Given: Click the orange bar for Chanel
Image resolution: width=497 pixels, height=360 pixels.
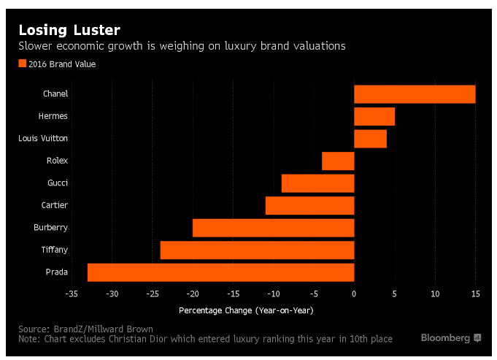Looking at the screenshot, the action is pyautogui.click(x=415, y=94).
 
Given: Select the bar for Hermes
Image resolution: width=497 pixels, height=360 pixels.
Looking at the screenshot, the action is pyautogui.click(x=374, y=116).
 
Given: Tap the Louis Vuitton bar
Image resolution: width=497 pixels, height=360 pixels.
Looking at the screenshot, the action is pyautogui.click(x=370, y=139).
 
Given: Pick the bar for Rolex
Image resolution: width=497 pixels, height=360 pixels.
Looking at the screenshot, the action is pyautogui.click(x=338, y=161).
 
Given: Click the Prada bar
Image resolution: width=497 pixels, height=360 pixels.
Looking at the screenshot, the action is pyautogui.click(x=221, y=272).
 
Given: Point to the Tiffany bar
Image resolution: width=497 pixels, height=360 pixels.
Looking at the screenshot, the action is pyautogui.click(x=257, y=250).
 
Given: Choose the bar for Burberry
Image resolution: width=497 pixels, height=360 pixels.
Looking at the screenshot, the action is pyautogui.click(x=273, y=228).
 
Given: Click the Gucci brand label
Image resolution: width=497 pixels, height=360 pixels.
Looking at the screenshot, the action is pyautogui.click(x=58, y=183).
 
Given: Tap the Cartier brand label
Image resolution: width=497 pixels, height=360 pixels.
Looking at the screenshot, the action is pyautogui.click(x=55, y=205).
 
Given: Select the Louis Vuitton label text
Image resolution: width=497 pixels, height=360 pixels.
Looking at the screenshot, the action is pyautogui.click(x=43, y=138).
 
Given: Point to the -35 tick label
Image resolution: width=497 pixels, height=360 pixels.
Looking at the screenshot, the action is pyautogui.click(x=72, y=294).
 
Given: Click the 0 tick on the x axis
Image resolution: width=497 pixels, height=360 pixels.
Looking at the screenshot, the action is pyautogui.click(x=354, y=294).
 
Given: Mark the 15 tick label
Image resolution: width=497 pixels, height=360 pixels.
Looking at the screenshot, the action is pyautogui.click(x=475, y=294).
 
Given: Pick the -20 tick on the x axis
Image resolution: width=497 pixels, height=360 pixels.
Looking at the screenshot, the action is pyautogui.click(x=193, y=294).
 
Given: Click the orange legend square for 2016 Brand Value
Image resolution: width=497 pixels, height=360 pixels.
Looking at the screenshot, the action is pyautogui.click(x=22, y=64).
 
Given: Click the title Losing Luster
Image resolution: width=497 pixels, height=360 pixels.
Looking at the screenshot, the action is pyautogui.click(x=69, y=30).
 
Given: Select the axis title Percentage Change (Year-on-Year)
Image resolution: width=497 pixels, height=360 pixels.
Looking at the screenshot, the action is pyautogui.click(x=246, y=310).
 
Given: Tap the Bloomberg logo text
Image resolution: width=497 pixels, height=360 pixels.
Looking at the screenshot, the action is pyautogui.click(x=445, y=338).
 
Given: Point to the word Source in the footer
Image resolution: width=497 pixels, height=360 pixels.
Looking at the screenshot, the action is pyautogui.click(x=33, y=329).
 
